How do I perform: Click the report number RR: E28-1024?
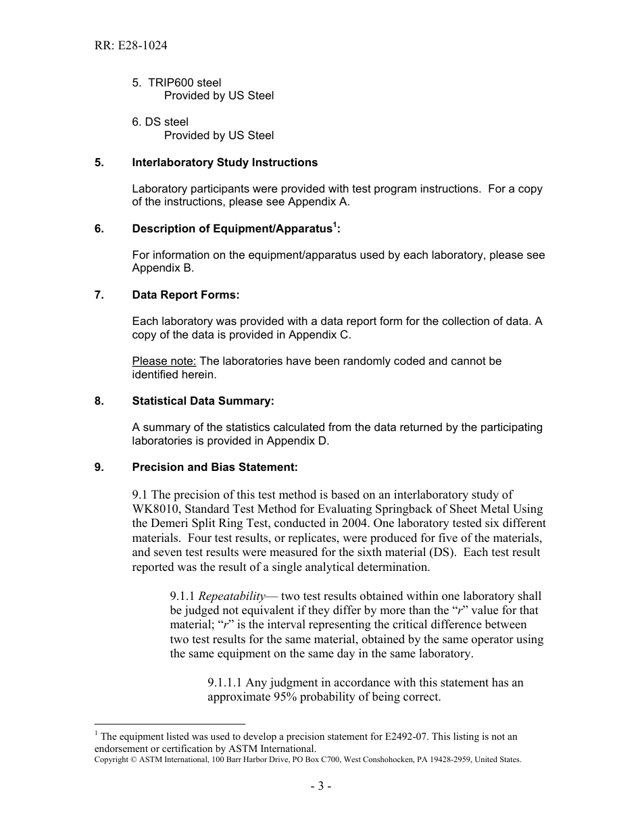131,46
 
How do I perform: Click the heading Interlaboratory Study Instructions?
224,163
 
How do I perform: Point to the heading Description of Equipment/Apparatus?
235,229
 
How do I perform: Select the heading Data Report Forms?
185,295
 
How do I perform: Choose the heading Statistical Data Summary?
203,401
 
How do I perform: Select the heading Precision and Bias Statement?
214,468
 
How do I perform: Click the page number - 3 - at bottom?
320,786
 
